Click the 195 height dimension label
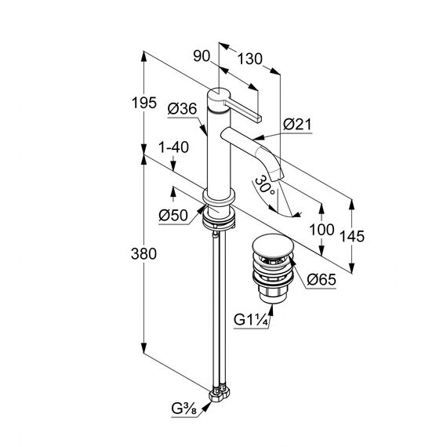[144, 103]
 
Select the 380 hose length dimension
[144, 253]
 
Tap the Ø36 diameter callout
[182, 109]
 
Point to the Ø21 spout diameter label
[297, 124]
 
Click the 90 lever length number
[202, 56]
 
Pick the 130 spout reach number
[250, 59]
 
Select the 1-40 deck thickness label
[173, 147]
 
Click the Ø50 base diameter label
[173, 215]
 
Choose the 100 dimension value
[322, 230]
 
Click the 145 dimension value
[352, 236]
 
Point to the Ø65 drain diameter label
[322, 280]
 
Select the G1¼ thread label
[251, 320]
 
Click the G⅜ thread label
[184, 409]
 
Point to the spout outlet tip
[278, 176]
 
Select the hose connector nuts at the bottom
[220, 394]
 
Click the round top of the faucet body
[218, 94]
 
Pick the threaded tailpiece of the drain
[273, 295]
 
